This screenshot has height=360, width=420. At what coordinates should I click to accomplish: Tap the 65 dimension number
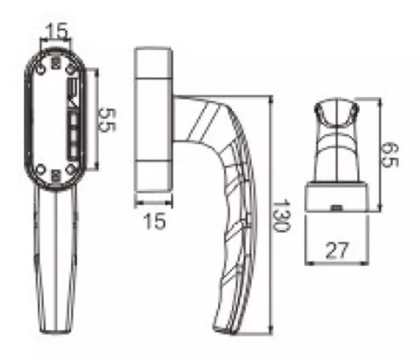click(x=390, y=154)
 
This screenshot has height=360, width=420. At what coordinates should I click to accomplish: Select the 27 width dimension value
click(x=337, y=250)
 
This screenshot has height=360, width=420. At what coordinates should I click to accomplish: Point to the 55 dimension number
click(x=107, y=120)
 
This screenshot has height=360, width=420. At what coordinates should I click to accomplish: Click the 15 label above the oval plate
click(x=57, y=30)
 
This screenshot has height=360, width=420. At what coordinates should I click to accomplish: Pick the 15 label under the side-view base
click(x=154, y=221)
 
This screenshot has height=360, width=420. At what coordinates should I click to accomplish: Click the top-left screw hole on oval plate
click(x=40, y=70)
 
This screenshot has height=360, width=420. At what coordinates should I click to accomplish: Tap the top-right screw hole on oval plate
click(x=70, y=70)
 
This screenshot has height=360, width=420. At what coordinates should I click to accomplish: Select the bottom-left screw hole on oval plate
click(x=40, y=169)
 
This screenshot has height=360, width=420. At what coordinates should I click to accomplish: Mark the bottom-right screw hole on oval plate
click(x=70, y=169)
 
